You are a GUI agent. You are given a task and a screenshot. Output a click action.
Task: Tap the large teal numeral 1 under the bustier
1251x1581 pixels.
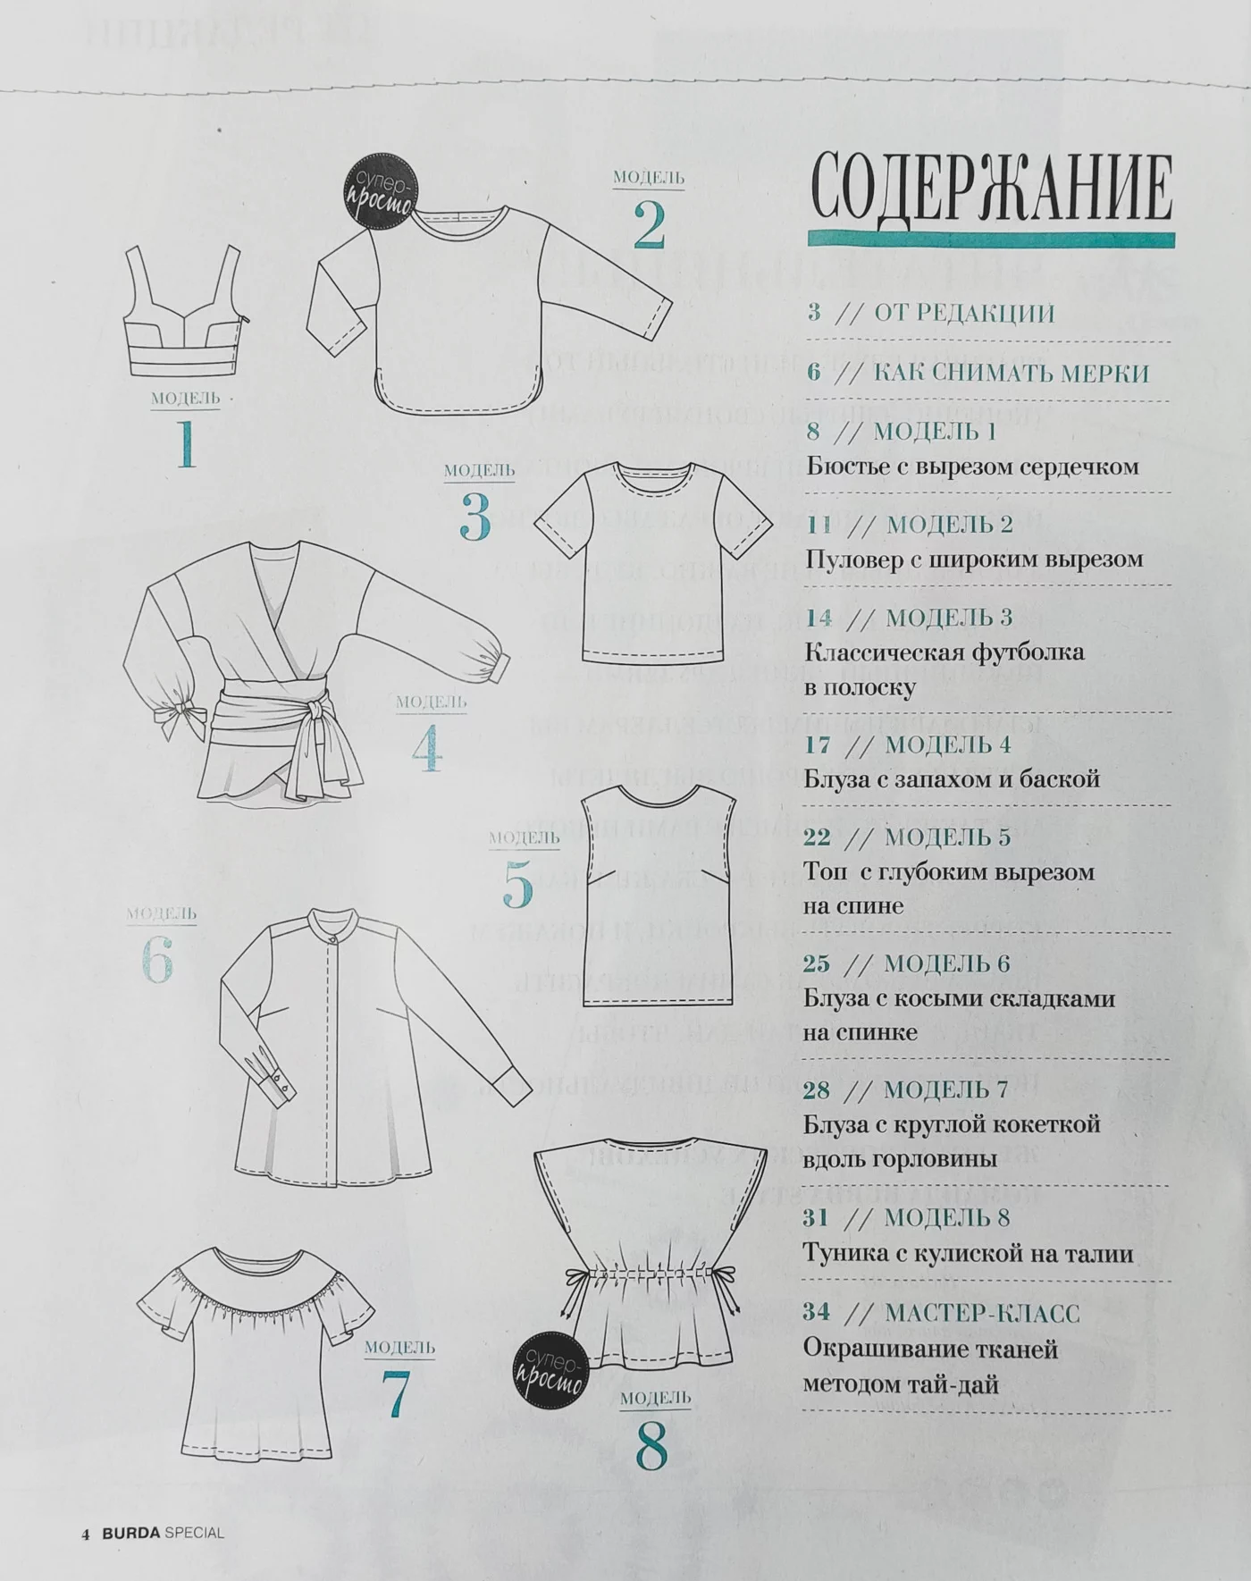click(x=186, y=444)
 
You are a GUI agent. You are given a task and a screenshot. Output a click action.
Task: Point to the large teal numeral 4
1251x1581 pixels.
click(x=427, y=748)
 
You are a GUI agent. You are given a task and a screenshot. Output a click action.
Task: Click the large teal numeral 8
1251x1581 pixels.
click(x=651, y=1445)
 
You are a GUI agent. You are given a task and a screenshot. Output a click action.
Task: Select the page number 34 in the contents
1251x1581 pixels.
click(x=817, y=1313)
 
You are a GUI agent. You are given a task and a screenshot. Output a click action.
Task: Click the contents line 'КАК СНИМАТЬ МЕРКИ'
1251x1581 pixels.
click(x=1011, y=373)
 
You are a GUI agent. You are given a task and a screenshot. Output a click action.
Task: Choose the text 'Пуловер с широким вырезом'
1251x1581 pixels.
click(x=974, y=559)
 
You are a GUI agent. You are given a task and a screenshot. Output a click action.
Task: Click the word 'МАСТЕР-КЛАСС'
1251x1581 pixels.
click(x=981, y=1313)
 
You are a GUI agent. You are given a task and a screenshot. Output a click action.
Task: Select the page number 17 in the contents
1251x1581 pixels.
click(x=817, y=744)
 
